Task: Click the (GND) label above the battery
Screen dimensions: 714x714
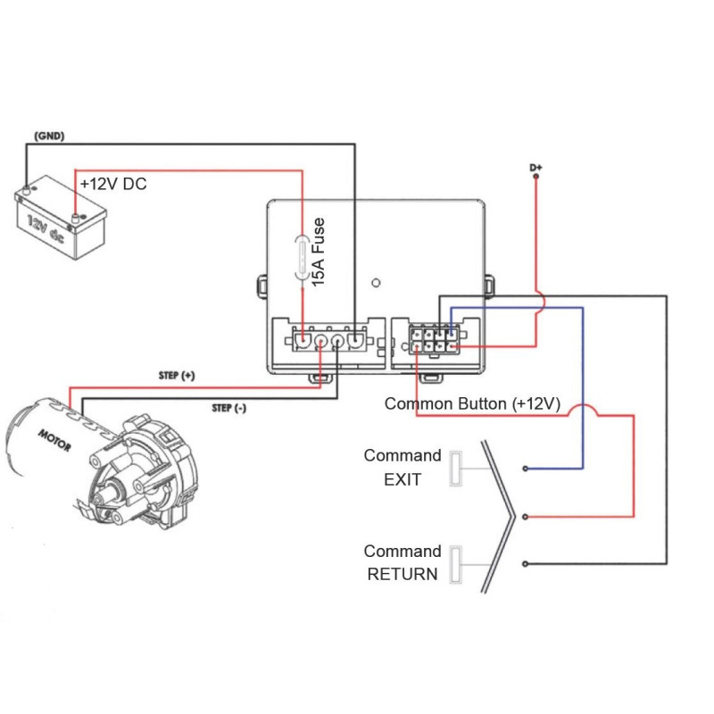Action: click(x=49, y=136)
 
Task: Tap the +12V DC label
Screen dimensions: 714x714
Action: click(x=113, y=184)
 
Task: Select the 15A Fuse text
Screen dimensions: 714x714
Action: click(x=318, y=251)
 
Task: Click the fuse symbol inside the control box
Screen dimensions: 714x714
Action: click(x=303, y=258)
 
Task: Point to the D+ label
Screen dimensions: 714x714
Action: click(x=535, y=167)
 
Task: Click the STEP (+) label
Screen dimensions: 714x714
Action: click(x=176, y=376)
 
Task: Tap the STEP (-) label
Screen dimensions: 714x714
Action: click(x=230, y=408)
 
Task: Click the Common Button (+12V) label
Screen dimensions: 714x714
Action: click(x=472, y=403)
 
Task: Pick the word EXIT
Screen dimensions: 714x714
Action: click(x=402, y=479)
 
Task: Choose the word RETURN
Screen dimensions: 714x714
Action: click(x=403, y=574)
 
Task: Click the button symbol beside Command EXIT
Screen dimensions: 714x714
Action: click(x=455, y=469)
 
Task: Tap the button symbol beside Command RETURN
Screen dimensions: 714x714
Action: click(x=455, y=564)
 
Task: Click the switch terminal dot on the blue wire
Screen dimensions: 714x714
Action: click(x=527, y=469)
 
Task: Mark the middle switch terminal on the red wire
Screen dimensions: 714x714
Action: click(x=527, y=516)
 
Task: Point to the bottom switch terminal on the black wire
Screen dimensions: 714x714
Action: click(x=527, y=563)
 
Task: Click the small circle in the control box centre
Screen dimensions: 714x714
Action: click(x=376, y=284)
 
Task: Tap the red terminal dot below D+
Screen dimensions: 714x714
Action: click(x=535, y=178)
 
